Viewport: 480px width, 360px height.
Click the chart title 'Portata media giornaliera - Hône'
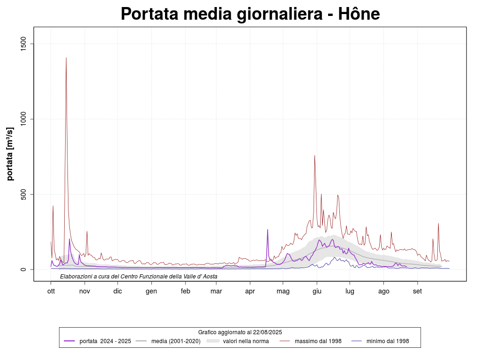click(x=250, y=14)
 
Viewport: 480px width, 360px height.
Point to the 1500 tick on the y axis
click(x=26, y=44)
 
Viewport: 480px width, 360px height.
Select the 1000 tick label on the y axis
click(x=26, y=119)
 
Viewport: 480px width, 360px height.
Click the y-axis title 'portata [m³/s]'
click(x=10, y=153)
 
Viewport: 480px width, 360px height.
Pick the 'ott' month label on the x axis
click(x=51, y=291)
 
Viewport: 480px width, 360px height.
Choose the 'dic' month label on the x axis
click(x=118, y=291)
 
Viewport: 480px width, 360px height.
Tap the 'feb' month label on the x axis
click(x=185, y=291)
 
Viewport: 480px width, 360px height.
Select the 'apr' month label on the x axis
click(x=250, y=291)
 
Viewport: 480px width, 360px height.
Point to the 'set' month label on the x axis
click(x=417, y=291)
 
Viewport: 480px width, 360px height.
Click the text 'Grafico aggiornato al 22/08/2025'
click(x=240, y=332)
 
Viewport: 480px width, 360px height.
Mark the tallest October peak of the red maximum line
click(x=66, y=58)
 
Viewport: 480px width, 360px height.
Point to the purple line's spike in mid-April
click(x=268, y=230)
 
